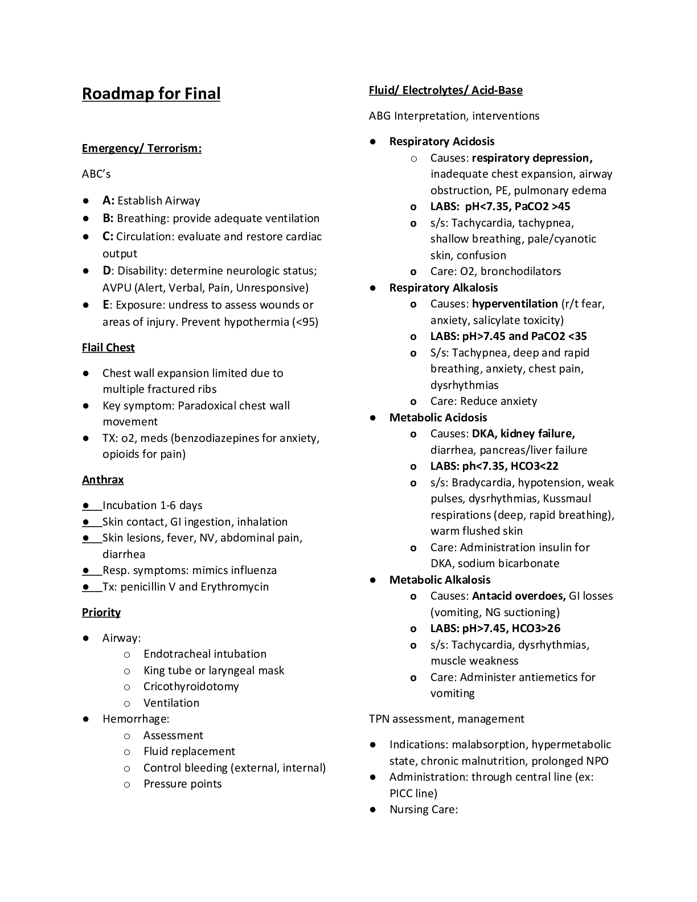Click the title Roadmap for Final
151,93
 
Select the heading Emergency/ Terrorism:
141,149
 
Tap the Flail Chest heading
108,347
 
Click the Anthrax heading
102,479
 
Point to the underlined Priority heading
101,612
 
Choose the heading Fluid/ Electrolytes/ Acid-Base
445,90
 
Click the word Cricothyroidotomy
191,686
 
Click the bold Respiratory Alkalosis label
444,288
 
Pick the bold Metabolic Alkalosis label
440,580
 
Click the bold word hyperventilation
515,304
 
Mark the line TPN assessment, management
446,719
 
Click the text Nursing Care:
423,809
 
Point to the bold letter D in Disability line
106,270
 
